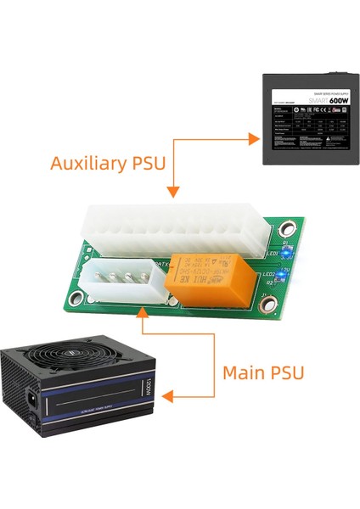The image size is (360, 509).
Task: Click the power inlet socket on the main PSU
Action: [x=37, y=396]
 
